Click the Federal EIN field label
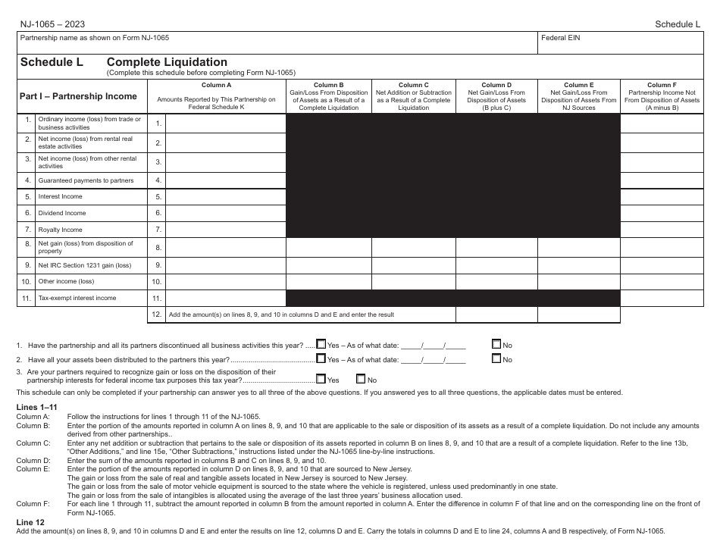(x=560, y=37)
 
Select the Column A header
(x=216, y=85)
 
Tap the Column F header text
(x=662, y=85)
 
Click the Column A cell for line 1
(x=225, y=123)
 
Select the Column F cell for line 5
(x=662, y=196)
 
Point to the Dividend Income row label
(x=62, y=214)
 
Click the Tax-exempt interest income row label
(x=77, y=298)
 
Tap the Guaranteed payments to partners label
(x=86, y=180)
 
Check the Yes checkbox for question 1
(x=321, y=344)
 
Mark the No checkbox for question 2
(x=496, y=358)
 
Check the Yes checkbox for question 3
(x=321, y=379)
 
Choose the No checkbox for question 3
(x=361, y=379)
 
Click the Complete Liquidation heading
(x=167, y=62)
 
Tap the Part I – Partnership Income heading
(x=78, y=96)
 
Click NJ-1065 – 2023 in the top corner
(x=50, y=23)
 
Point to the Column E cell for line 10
(x=578, y=281)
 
